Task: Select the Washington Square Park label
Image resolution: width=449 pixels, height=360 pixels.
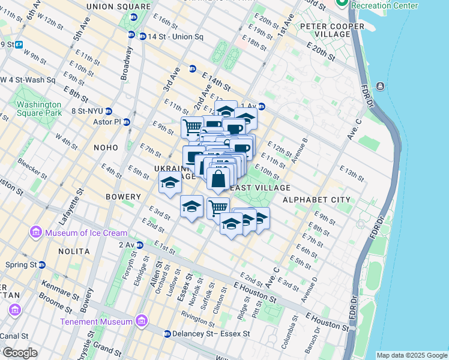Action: click(x=39, y=108)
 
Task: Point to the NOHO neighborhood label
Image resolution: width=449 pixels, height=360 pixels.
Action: click(x=106, y=147)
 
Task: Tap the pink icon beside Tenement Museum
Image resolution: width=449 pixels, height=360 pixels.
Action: click(x=141, y=321)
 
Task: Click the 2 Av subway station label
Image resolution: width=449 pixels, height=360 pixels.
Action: click(x=127, y=245)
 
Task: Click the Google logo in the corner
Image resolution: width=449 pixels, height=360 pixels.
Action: click(x=19, y=353)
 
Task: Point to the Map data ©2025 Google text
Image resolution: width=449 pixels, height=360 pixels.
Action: click(x=411, y=355)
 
